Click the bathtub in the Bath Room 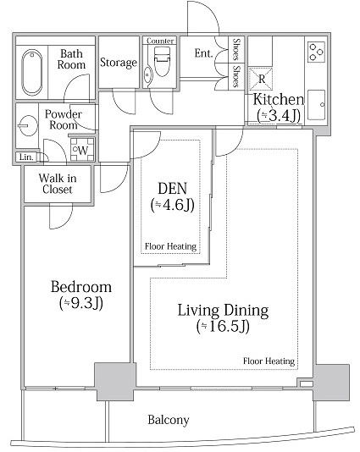coord(31,73)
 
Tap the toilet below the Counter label coord(162,61)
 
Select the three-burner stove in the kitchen coord(317,52)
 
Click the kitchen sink coord(317,105)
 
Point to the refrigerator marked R coord(261,79)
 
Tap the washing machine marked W coord(82,150)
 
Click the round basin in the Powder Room coord(28,125)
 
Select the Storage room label coord(119,63)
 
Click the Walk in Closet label coord(58,184)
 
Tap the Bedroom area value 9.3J coord(81,303)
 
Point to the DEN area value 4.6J coord(172,205)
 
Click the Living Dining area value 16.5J coord(223,327)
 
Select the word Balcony coord(169,420)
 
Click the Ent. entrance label coord(203,53)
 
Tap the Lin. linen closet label coord(26,157)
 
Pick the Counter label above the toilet coord(160,41)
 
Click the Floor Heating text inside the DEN coord(170,246)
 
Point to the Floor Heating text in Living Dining coord(269,361)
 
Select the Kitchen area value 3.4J coord(279,116)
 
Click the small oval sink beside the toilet coord(147,75)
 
